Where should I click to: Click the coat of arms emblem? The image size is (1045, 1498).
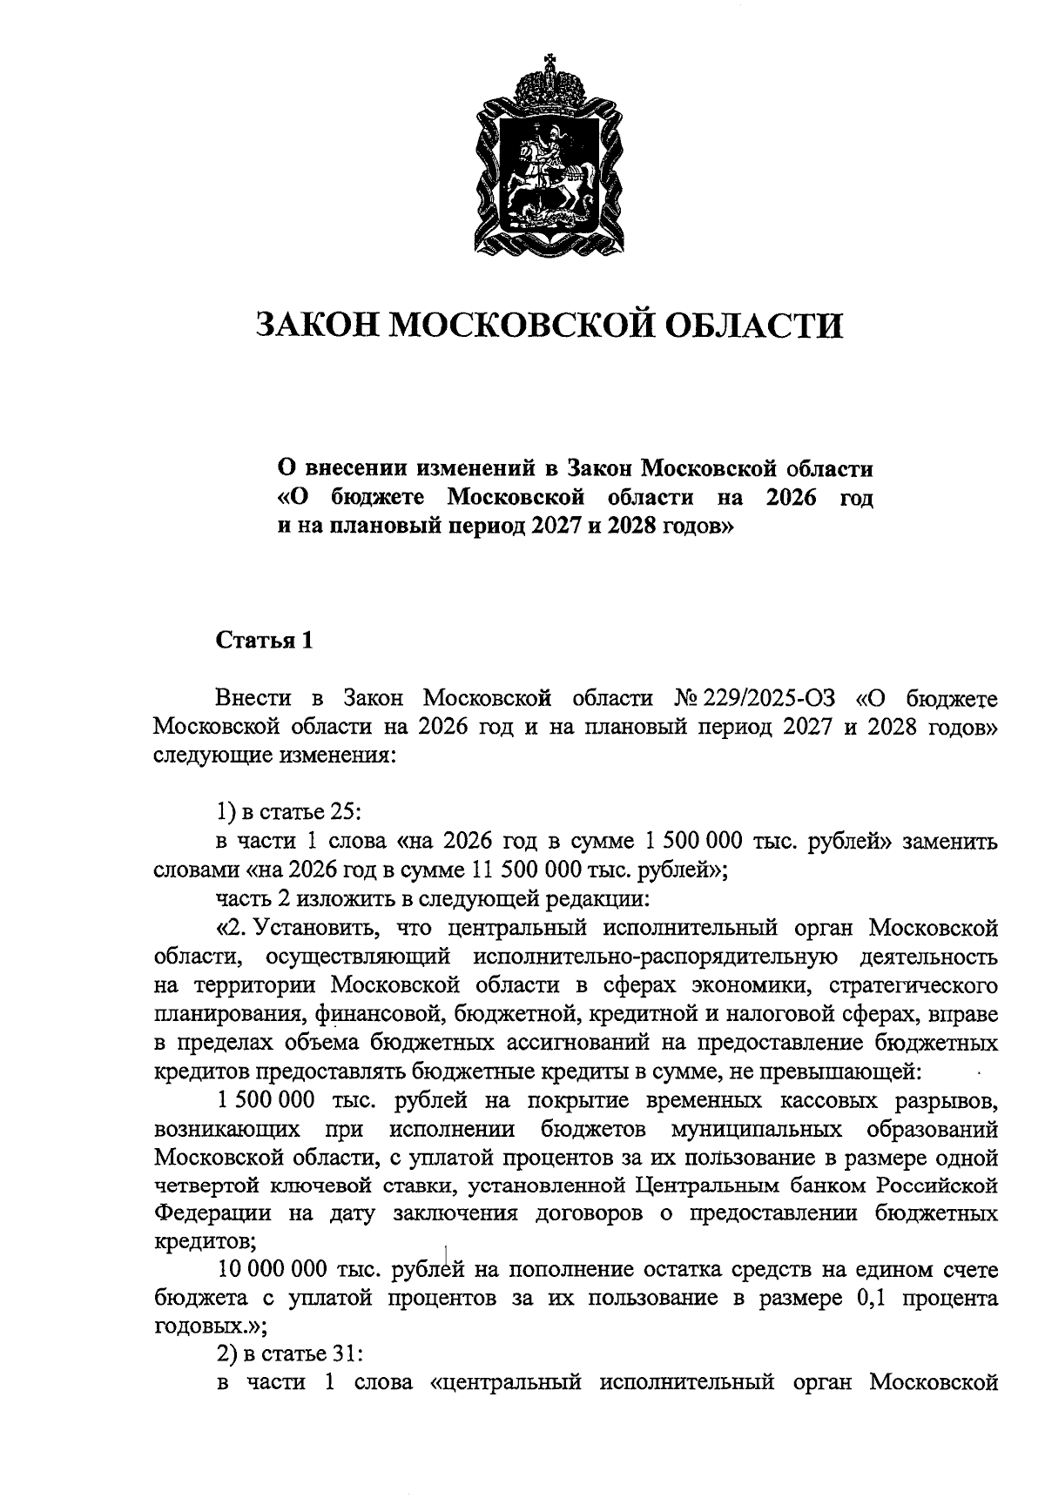coord(549,161)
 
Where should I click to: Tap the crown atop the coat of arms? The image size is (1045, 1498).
coord(549,88)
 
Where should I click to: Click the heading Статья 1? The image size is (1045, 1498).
coord(263,641)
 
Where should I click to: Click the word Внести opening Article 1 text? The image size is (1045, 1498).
coord(253,698)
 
